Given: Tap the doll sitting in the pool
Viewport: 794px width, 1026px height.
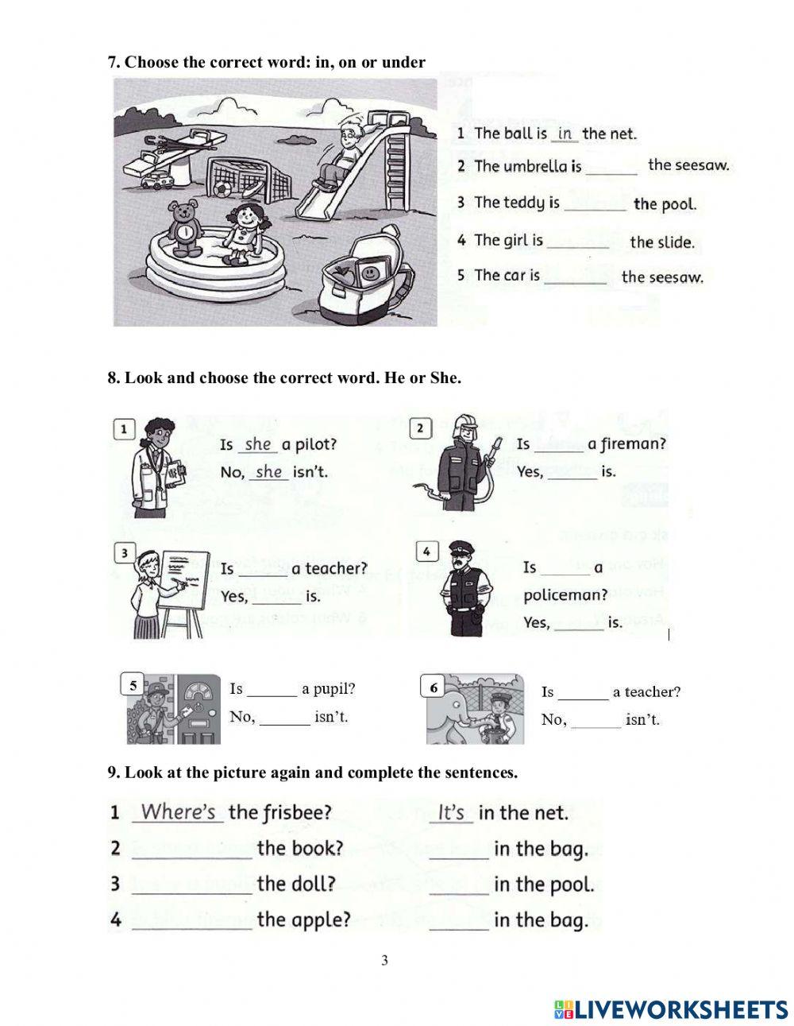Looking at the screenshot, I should pyautogui.click(x=243, y=233).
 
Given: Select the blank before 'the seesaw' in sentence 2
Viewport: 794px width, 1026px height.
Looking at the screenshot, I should pyautogui.click(x=611, y=168).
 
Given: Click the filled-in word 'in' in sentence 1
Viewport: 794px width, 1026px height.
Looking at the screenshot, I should pyautogui.click(x=565, y=134).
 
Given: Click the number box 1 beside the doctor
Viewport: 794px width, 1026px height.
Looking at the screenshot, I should pyautogui.click(x=124, y=430).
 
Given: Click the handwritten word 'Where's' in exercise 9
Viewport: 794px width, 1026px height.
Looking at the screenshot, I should pyautogui.click(x=179, y=812).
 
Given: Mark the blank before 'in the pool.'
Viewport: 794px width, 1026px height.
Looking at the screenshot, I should pyautogui.click(x=459, y=885).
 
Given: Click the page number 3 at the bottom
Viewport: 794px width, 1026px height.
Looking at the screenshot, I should pyautogui.click(x=385, y=961).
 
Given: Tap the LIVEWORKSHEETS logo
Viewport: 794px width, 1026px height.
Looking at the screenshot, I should pyautogui.click(x=671, y=1009).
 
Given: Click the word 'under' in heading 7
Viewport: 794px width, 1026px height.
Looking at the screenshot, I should pyautogui.click(x=403, y=62).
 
